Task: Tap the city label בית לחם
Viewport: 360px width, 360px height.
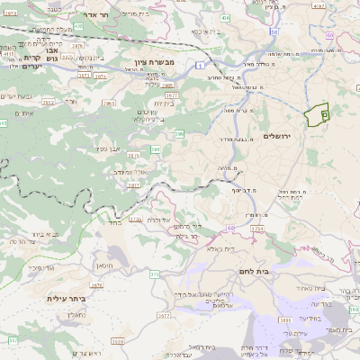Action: point(256,268)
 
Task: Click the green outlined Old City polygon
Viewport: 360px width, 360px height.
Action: point(317,116)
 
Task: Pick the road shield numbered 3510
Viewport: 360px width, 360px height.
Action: point(118,341)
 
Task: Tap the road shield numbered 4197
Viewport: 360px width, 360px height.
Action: point(9,54)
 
